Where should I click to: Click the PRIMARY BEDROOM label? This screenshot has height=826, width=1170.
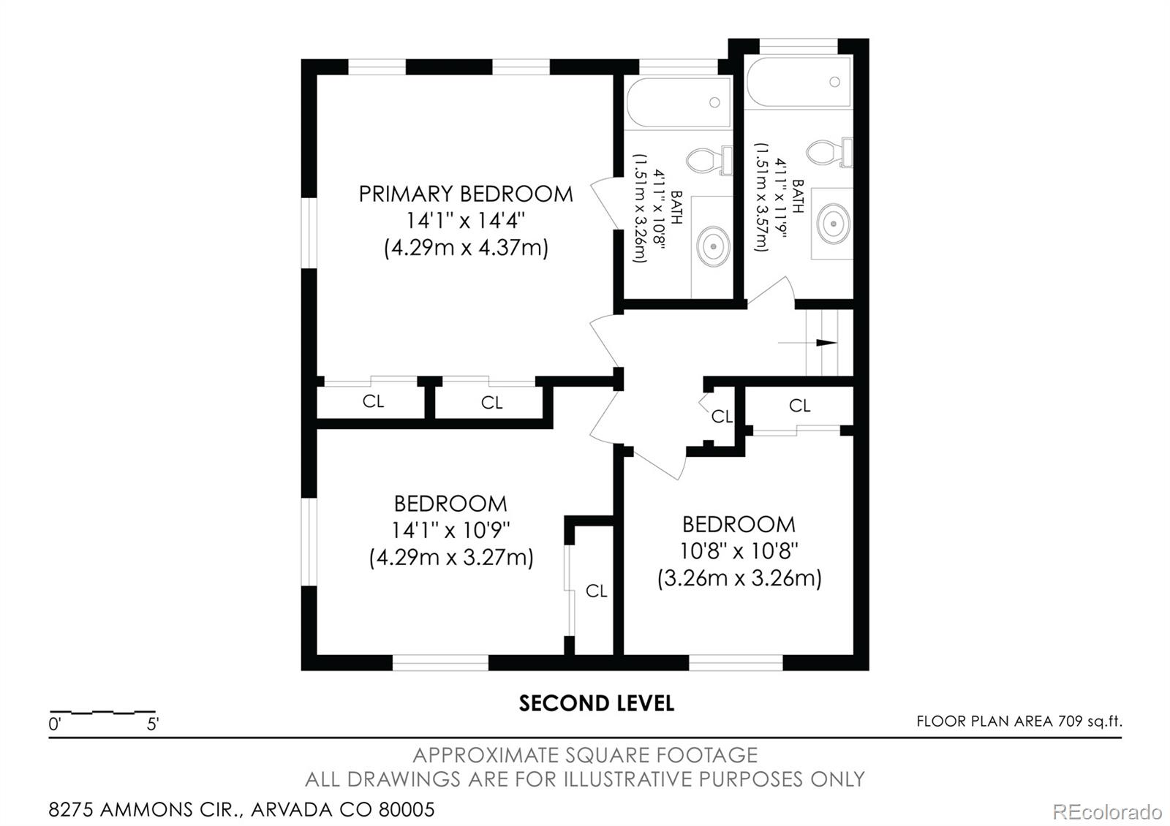(465, 194)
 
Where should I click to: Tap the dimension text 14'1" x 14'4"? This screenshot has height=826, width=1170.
(466, 220)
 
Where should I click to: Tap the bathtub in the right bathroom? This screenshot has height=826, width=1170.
(799, 82)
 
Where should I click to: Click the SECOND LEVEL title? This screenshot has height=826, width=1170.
(596, 703)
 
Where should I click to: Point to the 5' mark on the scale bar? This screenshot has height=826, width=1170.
(153, 724)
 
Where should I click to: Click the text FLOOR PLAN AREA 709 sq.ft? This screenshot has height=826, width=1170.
(1019, 721)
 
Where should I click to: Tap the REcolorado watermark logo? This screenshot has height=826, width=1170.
(1106, 811)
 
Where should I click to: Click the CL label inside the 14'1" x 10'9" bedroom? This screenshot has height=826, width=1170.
(596, 591)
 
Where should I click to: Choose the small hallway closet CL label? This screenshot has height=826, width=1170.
(722, 416)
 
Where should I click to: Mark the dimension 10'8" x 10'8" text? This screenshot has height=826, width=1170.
(739, 550)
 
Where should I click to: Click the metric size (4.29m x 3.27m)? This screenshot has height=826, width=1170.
(450, 558)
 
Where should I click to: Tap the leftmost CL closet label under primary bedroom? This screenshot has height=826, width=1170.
(373, 401)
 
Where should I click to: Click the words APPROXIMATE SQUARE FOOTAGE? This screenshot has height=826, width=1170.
(585, 755)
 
